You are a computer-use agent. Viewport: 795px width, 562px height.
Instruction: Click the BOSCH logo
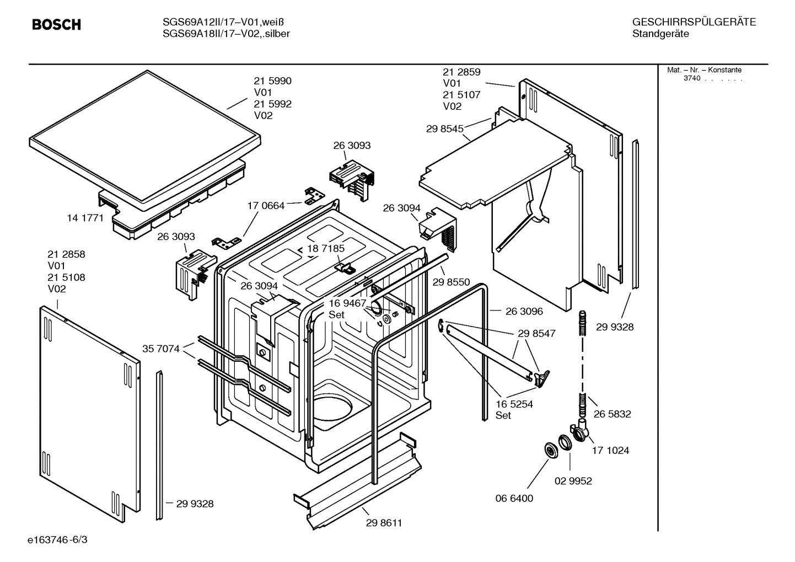pyautogui.click(x=56, y=25)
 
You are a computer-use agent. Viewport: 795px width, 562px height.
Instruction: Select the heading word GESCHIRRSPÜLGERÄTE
pyautogui.click(x=694, y=22)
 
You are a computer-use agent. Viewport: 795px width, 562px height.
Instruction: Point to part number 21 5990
pyautogui.click(x=272, y=81)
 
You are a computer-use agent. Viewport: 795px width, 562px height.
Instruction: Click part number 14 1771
pyautogui.click(x=85, y=218)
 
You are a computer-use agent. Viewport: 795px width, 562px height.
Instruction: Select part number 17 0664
pyautogui.click(x=266, y=206)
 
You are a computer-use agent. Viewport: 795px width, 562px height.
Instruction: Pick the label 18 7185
pyautogui.click(x=326, y=248)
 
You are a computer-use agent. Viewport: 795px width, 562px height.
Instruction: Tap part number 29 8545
pyautogui.click(x=444, y=129)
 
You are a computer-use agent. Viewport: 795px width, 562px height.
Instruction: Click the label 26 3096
pyautogui.click(x=524, y=311)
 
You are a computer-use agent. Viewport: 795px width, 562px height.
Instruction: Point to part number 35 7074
pyautogui.click(x=161, y=349)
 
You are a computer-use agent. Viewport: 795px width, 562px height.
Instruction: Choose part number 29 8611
pyautogui.click(x=384, y=523)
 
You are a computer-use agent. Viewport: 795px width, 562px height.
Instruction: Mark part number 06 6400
pyautogui.click(x=514, y=498)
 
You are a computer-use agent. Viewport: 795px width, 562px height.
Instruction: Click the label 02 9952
pyautogui.click(x=573, y=481)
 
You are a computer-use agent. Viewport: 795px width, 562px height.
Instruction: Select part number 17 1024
pyautogui.click(x=610, y=451)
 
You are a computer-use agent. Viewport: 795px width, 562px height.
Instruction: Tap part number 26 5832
pyautogui.click(x=612, y=414)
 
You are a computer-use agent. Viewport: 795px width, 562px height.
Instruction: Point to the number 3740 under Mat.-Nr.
pyautogui.click(x=691, y=78)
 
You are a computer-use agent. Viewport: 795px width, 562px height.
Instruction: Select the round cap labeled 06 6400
pyautogui.click(x=550, y=450)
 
